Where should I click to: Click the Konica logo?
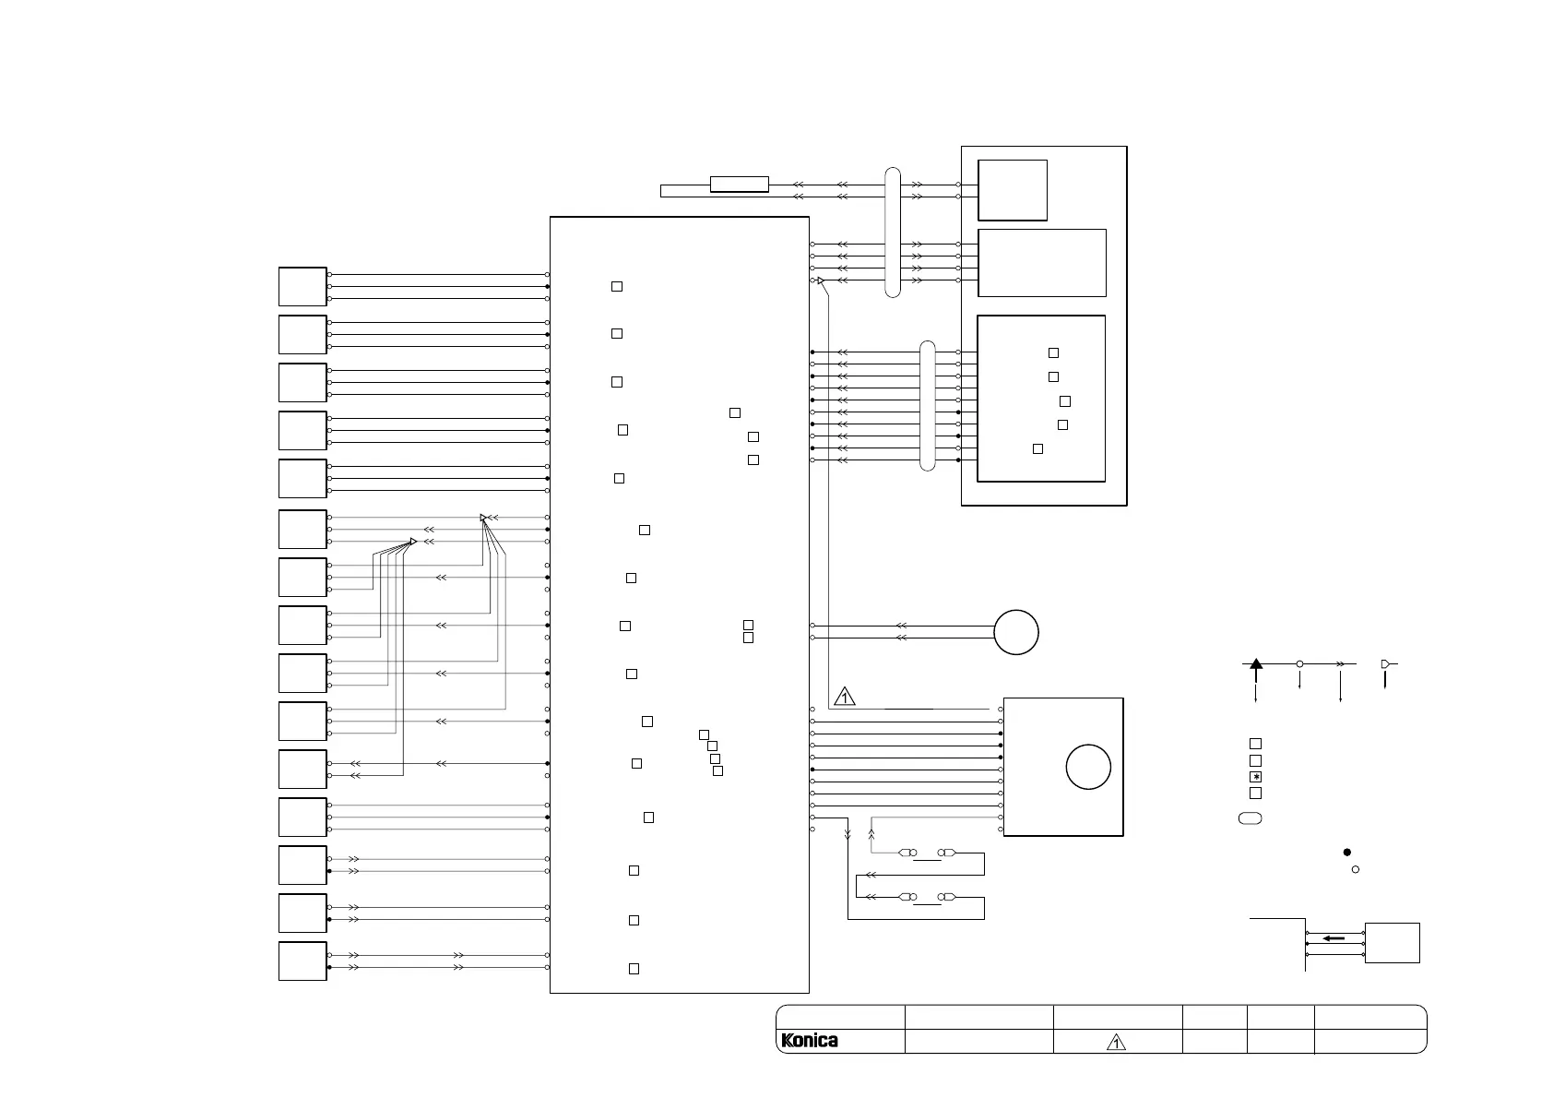pyautogui.click(x=809, y=1041)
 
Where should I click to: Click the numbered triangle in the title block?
pyautogui.click(x=1116, y=1042)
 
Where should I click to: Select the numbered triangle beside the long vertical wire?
pyautogui.click(x=845, y=697)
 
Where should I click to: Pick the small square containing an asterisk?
pyautogui.click(x=1255, y=777)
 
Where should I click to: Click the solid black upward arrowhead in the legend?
pyautogui.click(x=1255, y=663)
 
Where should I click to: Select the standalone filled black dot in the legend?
pyautogui.click(x=1347, y=852)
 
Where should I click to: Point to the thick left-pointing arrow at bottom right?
pyautogui.click(x=1334, y=938)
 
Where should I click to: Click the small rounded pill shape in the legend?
pyautogui.click(x=1250, y=818)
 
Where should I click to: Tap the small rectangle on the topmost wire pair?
pyautogui.click(x=739, y=184)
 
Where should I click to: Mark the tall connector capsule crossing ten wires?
pyautogui.click(x=927, y=406)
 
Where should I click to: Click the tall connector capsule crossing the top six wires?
pyautogui.click(x=893, y=233)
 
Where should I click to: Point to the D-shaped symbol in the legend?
pyautogui.click(x=1385, y=663)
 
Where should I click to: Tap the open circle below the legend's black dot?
pyautogui.click(x=1356, y=869)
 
